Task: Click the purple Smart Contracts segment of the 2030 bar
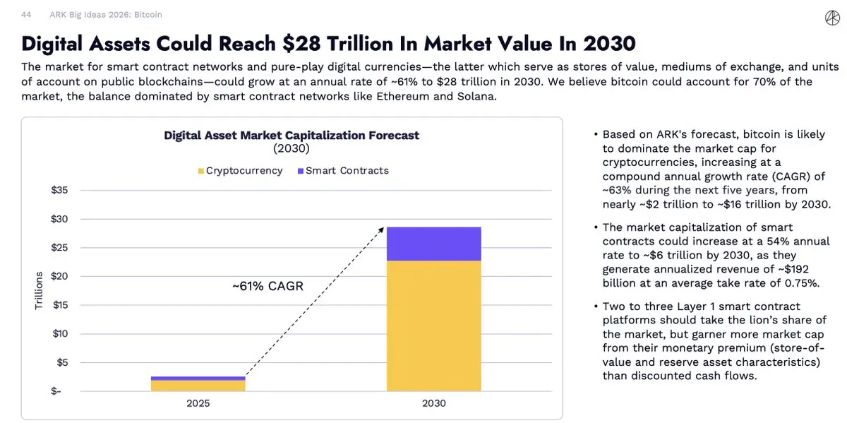click(x=433, y=244)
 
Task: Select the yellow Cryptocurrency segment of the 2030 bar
click(x=433, y=326)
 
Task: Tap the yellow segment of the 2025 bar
click(x=198, y=386)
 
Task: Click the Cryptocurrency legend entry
click(x=239, y=170)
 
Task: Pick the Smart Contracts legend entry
click(x=343, y=170)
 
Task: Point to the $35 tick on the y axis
click(x=59, y=190)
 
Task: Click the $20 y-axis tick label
click(x=59, y=276)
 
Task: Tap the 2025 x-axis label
click(x=198, y=404)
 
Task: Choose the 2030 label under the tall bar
click(x=433, y=404)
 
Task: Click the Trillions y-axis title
click(x=39, y=290)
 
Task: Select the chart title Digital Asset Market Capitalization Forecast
click(x=292, y=135)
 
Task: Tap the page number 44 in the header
click(x=27, y=14)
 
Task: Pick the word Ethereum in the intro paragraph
click(x=378, y=96)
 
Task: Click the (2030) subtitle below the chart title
click(x=292, y=149)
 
